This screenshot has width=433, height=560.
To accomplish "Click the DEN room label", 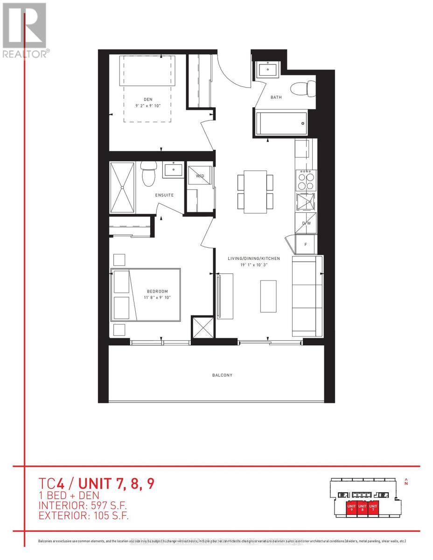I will [x=147, y=98].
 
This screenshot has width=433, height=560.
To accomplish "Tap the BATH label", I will [x=276, y=98].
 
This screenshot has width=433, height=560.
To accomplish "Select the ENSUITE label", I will [x=164, y=195].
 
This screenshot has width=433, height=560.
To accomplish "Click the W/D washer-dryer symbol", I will [x=200, y=176].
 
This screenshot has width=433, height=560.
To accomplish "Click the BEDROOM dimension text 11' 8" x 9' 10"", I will [x=155, y=298].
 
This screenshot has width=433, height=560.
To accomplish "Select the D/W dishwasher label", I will [x=306, y=223].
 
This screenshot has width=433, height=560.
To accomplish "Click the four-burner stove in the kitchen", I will [x=306, y=180].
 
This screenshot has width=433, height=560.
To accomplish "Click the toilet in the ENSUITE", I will [x=148, y=175].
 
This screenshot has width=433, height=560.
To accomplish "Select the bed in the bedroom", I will [x=146, y=294].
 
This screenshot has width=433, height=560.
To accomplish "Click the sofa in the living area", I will [x=307, y=296].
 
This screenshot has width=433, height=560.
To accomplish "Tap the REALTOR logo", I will [x=24, y=30].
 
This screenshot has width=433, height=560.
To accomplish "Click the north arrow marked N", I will [x=406, y=482].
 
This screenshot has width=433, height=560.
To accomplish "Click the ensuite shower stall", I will [x=122, y=187].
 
